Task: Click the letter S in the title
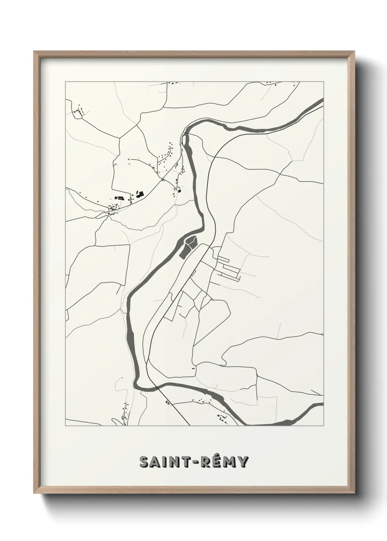[145, 462]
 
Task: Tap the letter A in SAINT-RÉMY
[157, 462]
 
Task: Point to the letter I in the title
[166, 462]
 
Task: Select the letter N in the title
[175, 462]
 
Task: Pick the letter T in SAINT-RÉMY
[187, 462]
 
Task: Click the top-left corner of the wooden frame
[34, 52]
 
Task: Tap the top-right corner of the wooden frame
[354, 52]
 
